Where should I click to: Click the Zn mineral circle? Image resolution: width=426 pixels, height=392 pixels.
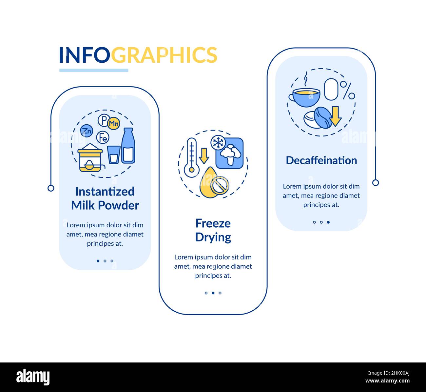(x=87, y=131)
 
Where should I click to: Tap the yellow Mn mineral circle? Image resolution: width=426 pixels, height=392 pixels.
(x=114, y=123)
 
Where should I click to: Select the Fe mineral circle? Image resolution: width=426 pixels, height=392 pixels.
(x=103, y=137)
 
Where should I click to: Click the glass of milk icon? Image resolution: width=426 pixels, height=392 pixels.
(x=114, y=155)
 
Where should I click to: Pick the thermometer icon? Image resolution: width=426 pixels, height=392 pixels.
(x=192, y=157)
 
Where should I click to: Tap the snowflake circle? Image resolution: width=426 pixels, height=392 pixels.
(x=218, y=143)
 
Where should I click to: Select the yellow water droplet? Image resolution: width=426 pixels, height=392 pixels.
(x=209, y=182)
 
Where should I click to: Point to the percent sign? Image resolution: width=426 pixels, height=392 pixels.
(x=347, y=91)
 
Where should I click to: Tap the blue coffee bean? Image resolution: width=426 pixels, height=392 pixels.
(x=323, y=117)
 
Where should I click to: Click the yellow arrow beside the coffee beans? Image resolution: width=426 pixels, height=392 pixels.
(x=335, y=116)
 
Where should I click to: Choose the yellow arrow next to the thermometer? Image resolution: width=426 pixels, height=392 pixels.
(x=204, y=156)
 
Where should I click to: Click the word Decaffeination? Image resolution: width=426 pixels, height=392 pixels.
(x=321, y=160)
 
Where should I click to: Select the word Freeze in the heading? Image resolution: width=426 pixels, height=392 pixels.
(x=213, y=223)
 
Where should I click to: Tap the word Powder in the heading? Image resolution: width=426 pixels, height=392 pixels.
(x=119, y=205)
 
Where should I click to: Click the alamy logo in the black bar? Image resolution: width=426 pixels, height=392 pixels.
(x=33, y=377)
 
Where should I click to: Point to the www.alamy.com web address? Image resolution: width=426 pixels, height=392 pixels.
(x=387, y=381)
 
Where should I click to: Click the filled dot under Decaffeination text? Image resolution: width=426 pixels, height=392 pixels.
(x=328, y=222)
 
